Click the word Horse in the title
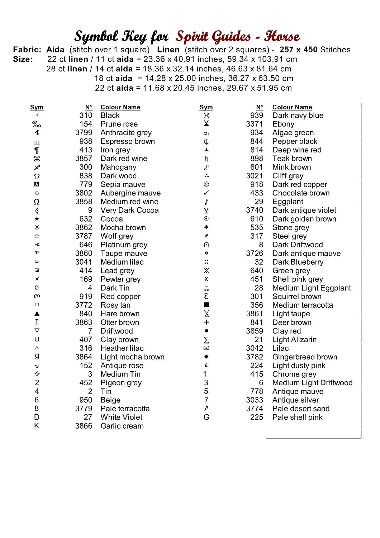(282, 37)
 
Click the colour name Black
(110, 115)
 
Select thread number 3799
(84, 133)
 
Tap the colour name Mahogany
(118, 167)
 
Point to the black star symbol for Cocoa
(37, 219)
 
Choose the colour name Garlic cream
(122, 426)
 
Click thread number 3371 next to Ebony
(255, 124)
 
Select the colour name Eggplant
(288, 202)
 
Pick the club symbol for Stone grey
(206, 227)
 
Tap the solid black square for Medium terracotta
(206, 305)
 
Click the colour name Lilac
(280, 348)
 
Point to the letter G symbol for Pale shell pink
(206, 417)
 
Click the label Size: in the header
(23, 59)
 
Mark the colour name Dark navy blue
(298, 115)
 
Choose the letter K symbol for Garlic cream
(37, 426)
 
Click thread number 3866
(84, 426)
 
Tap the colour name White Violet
(122, 417)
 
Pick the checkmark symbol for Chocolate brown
(206, 193)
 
